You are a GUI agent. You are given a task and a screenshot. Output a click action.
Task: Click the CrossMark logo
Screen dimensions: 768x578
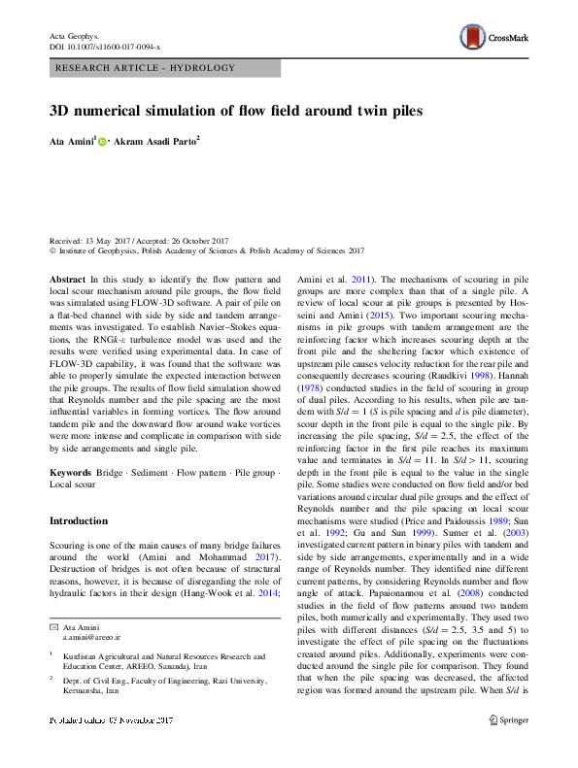493,37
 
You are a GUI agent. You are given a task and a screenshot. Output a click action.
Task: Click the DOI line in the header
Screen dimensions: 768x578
105,46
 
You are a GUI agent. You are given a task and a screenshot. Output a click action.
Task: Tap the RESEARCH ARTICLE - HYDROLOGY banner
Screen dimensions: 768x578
146,68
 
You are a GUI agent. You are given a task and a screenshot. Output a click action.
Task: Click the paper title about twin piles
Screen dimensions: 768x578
236,111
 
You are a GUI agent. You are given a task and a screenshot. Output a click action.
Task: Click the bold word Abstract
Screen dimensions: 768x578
68,278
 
